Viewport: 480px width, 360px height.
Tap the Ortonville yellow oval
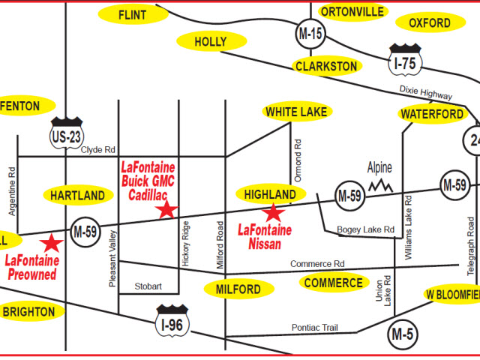[x=352, y=11]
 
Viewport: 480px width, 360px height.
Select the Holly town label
[x=210, y=41]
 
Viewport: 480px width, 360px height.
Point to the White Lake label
[x=297, y=112]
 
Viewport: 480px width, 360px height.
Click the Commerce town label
[x=333, y=283]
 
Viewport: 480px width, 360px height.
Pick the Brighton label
[x=28, y=311]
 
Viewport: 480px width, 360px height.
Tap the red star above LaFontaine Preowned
[x=52, y=243]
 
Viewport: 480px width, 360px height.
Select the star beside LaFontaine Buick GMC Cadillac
[x=166, y=210]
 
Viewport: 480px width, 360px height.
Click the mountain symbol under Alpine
[x=382, y=184]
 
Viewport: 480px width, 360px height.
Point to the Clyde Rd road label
[x=99, y=149]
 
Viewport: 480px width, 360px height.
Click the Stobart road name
[x=148, y=286]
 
